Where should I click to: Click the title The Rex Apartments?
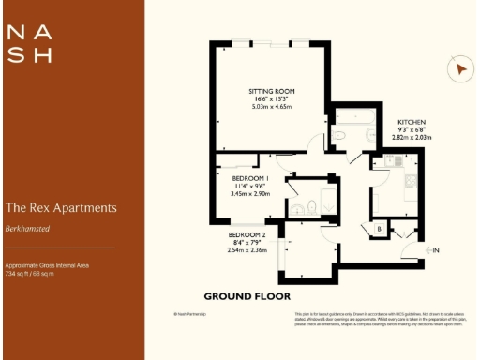pyautogui.click(x=61, y=207)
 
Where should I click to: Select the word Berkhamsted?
pyautogui.click(x=27, y=228)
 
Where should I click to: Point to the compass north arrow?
pyautogui.click(x=459, y=68)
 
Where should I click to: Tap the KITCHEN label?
pyautogui.click(x=412, y=123)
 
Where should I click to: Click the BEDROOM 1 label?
pyautogui.click(x=250, y=178)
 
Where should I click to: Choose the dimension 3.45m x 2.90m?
pyautogui.click(x=251, y=193)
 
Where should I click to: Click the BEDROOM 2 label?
pyautogui.click(x=247, y=235)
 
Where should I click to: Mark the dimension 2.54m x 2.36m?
pyautogui.click(x=247, y=250)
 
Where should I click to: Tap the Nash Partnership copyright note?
pyautogui.click(x=188, y=314)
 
